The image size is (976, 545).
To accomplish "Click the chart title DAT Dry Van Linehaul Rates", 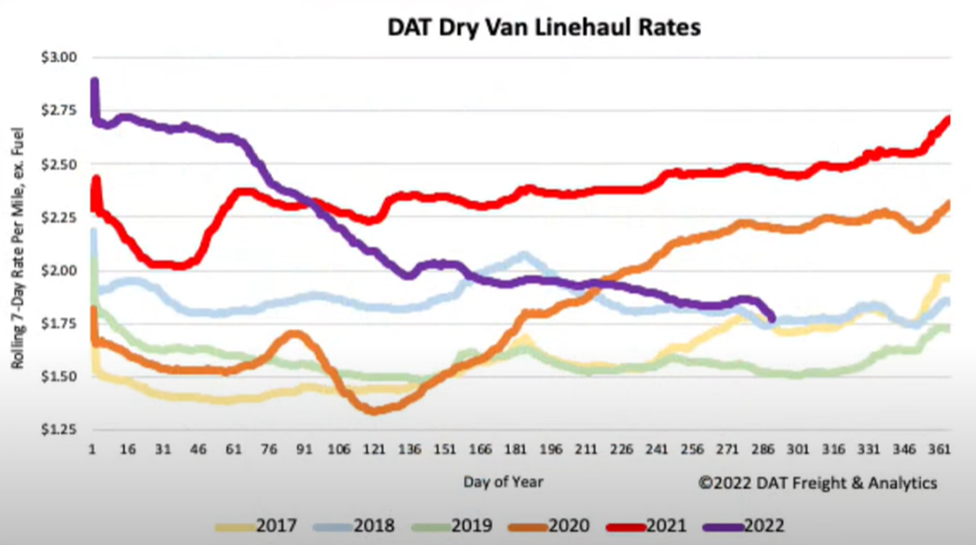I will tap(543, 27).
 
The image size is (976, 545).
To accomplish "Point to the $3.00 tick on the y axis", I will tap(60, 57).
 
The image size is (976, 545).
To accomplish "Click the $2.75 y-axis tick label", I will tap(60, 110).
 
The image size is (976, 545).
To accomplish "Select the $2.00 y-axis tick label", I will tap(60, 270).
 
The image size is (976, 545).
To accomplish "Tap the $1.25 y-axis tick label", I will tap(60, 429).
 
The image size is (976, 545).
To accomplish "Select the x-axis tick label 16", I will tap(128, 447).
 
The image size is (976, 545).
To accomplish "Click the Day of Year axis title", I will tap(503, 482).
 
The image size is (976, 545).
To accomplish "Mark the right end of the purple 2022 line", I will tap(771, 317).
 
